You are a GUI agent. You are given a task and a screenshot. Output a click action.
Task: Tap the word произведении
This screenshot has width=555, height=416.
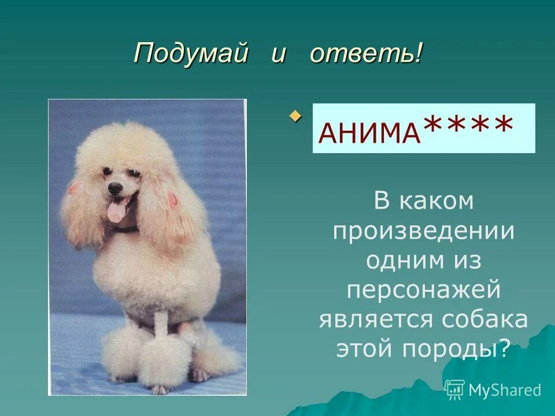(x=424, y=231)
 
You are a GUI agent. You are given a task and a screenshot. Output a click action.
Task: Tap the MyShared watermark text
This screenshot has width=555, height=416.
(x=505, y=390)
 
